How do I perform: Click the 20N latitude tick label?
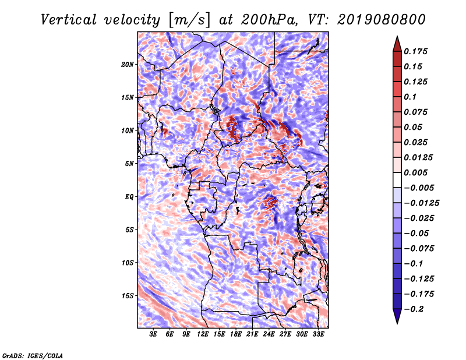128,64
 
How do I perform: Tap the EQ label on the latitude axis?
129,197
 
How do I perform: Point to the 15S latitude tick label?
128,296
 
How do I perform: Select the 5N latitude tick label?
129,164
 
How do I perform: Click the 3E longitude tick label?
153,334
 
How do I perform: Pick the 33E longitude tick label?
318,334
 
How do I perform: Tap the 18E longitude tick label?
236,334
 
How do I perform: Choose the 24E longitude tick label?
269,334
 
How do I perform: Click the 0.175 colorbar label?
415,51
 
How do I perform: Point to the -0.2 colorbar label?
414,309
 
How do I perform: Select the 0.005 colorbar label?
415,172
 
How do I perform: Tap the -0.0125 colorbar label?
422,203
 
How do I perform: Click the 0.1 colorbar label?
410,97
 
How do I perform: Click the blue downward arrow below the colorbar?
397,316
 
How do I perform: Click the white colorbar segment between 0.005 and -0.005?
397,180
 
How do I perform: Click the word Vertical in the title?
69,20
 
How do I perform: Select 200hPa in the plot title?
269,20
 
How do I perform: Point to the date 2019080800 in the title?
382,20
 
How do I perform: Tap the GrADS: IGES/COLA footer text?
33,356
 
